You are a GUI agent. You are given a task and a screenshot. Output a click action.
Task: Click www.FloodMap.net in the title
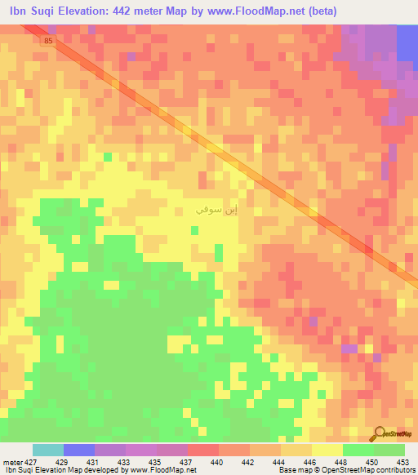247,11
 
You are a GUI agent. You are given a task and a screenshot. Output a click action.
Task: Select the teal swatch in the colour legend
47,451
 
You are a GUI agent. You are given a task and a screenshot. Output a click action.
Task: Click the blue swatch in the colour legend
78,451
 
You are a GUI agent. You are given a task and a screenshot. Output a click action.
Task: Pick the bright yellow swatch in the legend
327,451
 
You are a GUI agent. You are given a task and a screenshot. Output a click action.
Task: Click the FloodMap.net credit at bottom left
163,470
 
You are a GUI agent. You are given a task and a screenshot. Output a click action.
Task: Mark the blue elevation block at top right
407,41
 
